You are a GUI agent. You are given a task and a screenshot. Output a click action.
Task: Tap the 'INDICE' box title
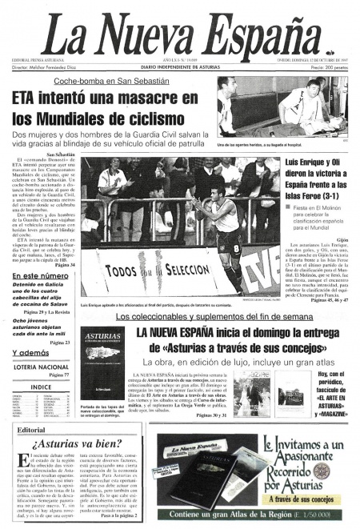tap(41, 387)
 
